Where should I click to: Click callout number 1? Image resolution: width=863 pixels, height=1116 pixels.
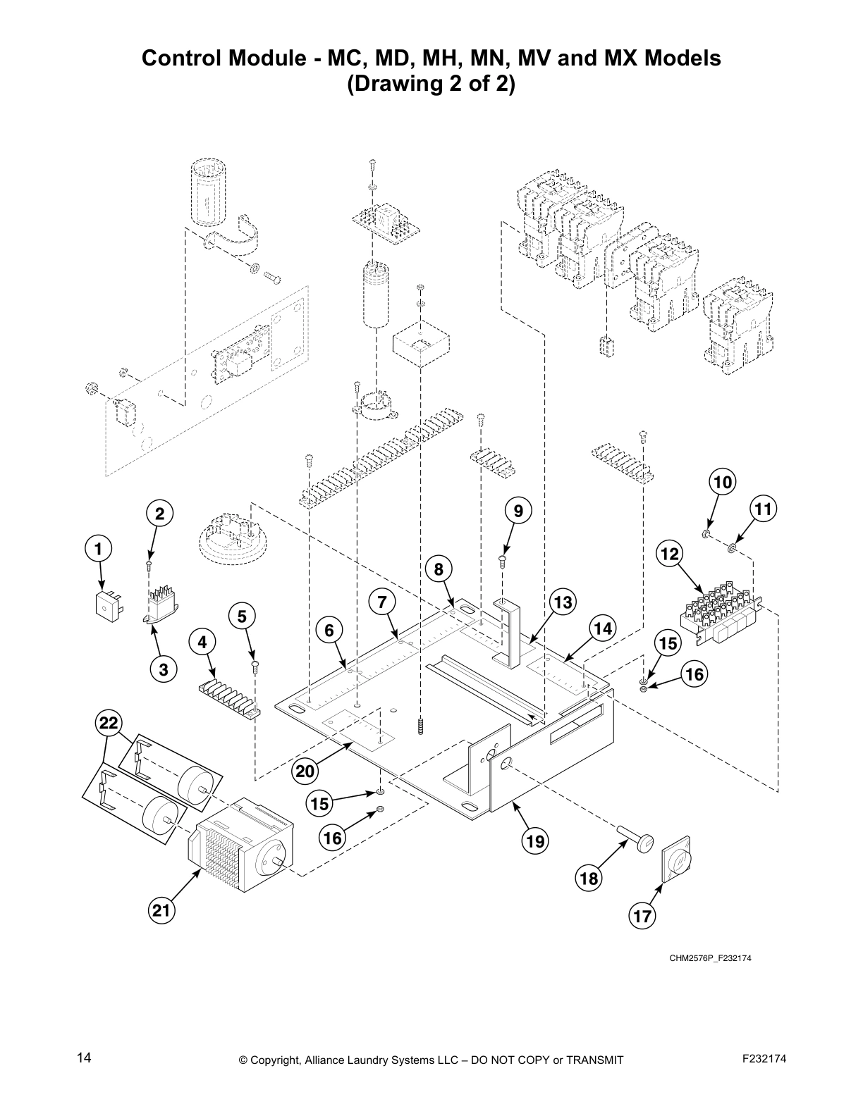tap(99, 547)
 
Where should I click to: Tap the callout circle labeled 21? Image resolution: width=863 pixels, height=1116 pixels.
tap(162, 910)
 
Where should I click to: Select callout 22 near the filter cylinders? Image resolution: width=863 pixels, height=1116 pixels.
tap(109, 724)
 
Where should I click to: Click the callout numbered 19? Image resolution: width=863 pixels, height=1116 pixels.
tap(535, 840)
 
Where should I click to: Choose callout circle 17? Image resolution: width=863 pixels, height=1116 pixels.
tap(643, 916)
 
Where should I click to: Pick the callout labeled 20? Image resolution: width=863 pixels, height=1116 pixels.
tap(305, 771)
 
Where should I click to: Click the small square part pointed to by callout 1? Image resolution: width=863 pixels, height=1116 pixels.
tap(107, 604)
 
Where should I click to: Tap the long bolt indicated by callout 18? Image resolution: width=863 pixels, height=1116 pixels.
tap(636, 841)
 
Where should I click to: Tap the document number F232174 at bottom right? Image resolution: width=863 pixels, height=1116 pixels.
tap(764, 1058)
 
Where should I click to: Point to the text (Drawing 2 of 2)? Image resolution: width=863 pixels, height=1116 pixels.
tap(431, 85)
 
